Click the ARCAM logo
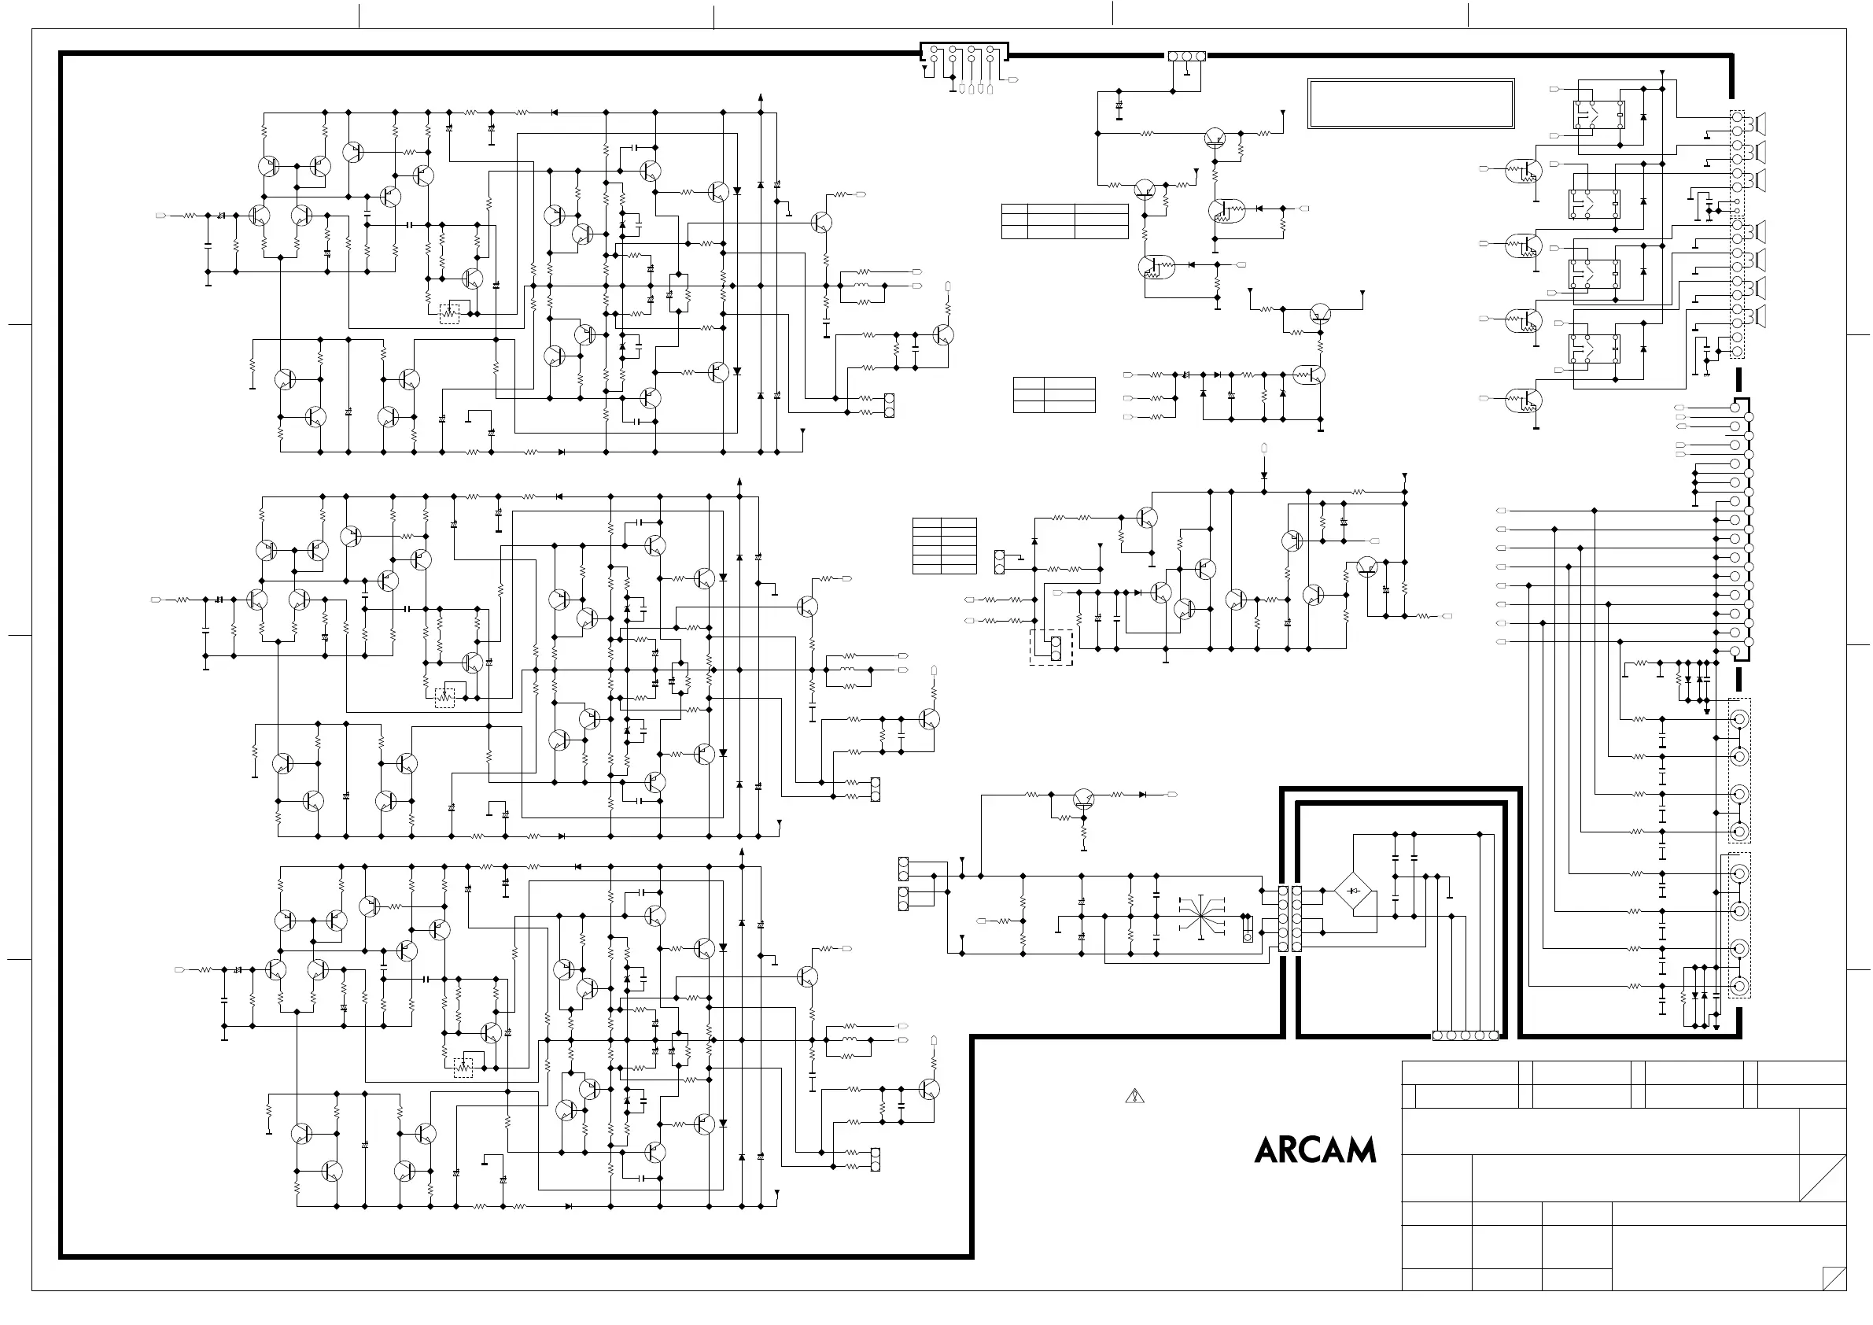click(x=1315, y=1150)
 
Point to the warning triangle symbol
click(x=1134, y=1096)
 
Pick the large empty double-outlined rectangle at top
click(x=1410, y=104)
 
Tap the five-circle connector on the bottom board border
click(x=1465, y=1036)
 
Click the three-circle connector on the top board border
click(x=1187, y=57)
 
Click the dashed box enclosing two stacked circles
click(x=1051, y=647)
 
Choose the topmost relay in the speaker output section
click(x=1597, y=116)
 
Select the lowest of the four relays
click(x=1594, y=349)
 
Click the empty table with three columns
click(x=1064, y=221)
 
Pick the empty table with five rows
click(x=944, y=546)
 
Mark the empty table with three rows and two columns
click(x=1054, y=395)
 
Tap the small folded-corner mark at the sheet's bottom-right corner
click(x=1834, y=1279)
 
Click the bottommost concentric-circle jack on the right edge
click(x=1739, y=986)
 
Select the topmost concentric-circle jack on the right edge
click(x=1739, y=719)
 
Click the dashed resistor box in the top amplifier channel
click(x=449, y=313)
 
